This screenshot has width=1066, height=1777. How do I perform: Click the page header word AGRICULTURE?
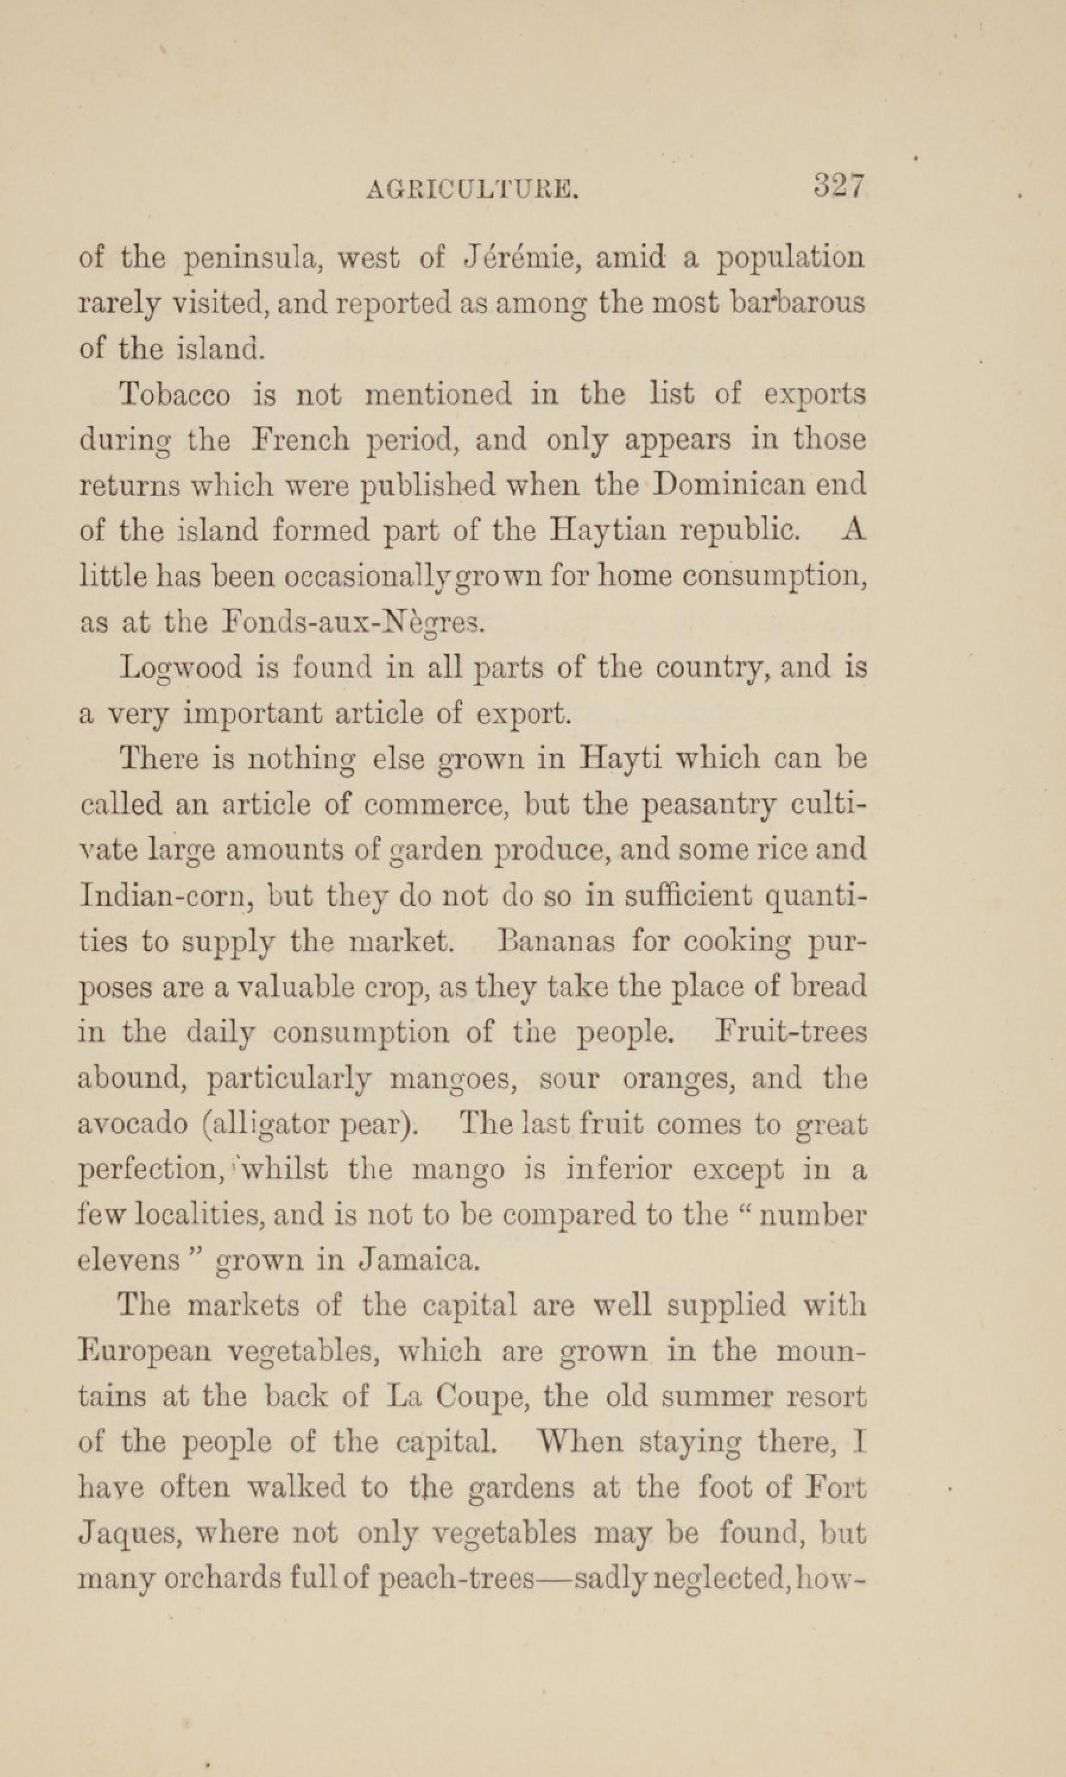[472, 189]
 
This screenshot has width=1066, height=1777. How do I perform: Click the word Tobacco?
[175, 394]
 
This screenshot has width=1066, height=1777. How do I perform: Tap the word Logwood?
[181, 668]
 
